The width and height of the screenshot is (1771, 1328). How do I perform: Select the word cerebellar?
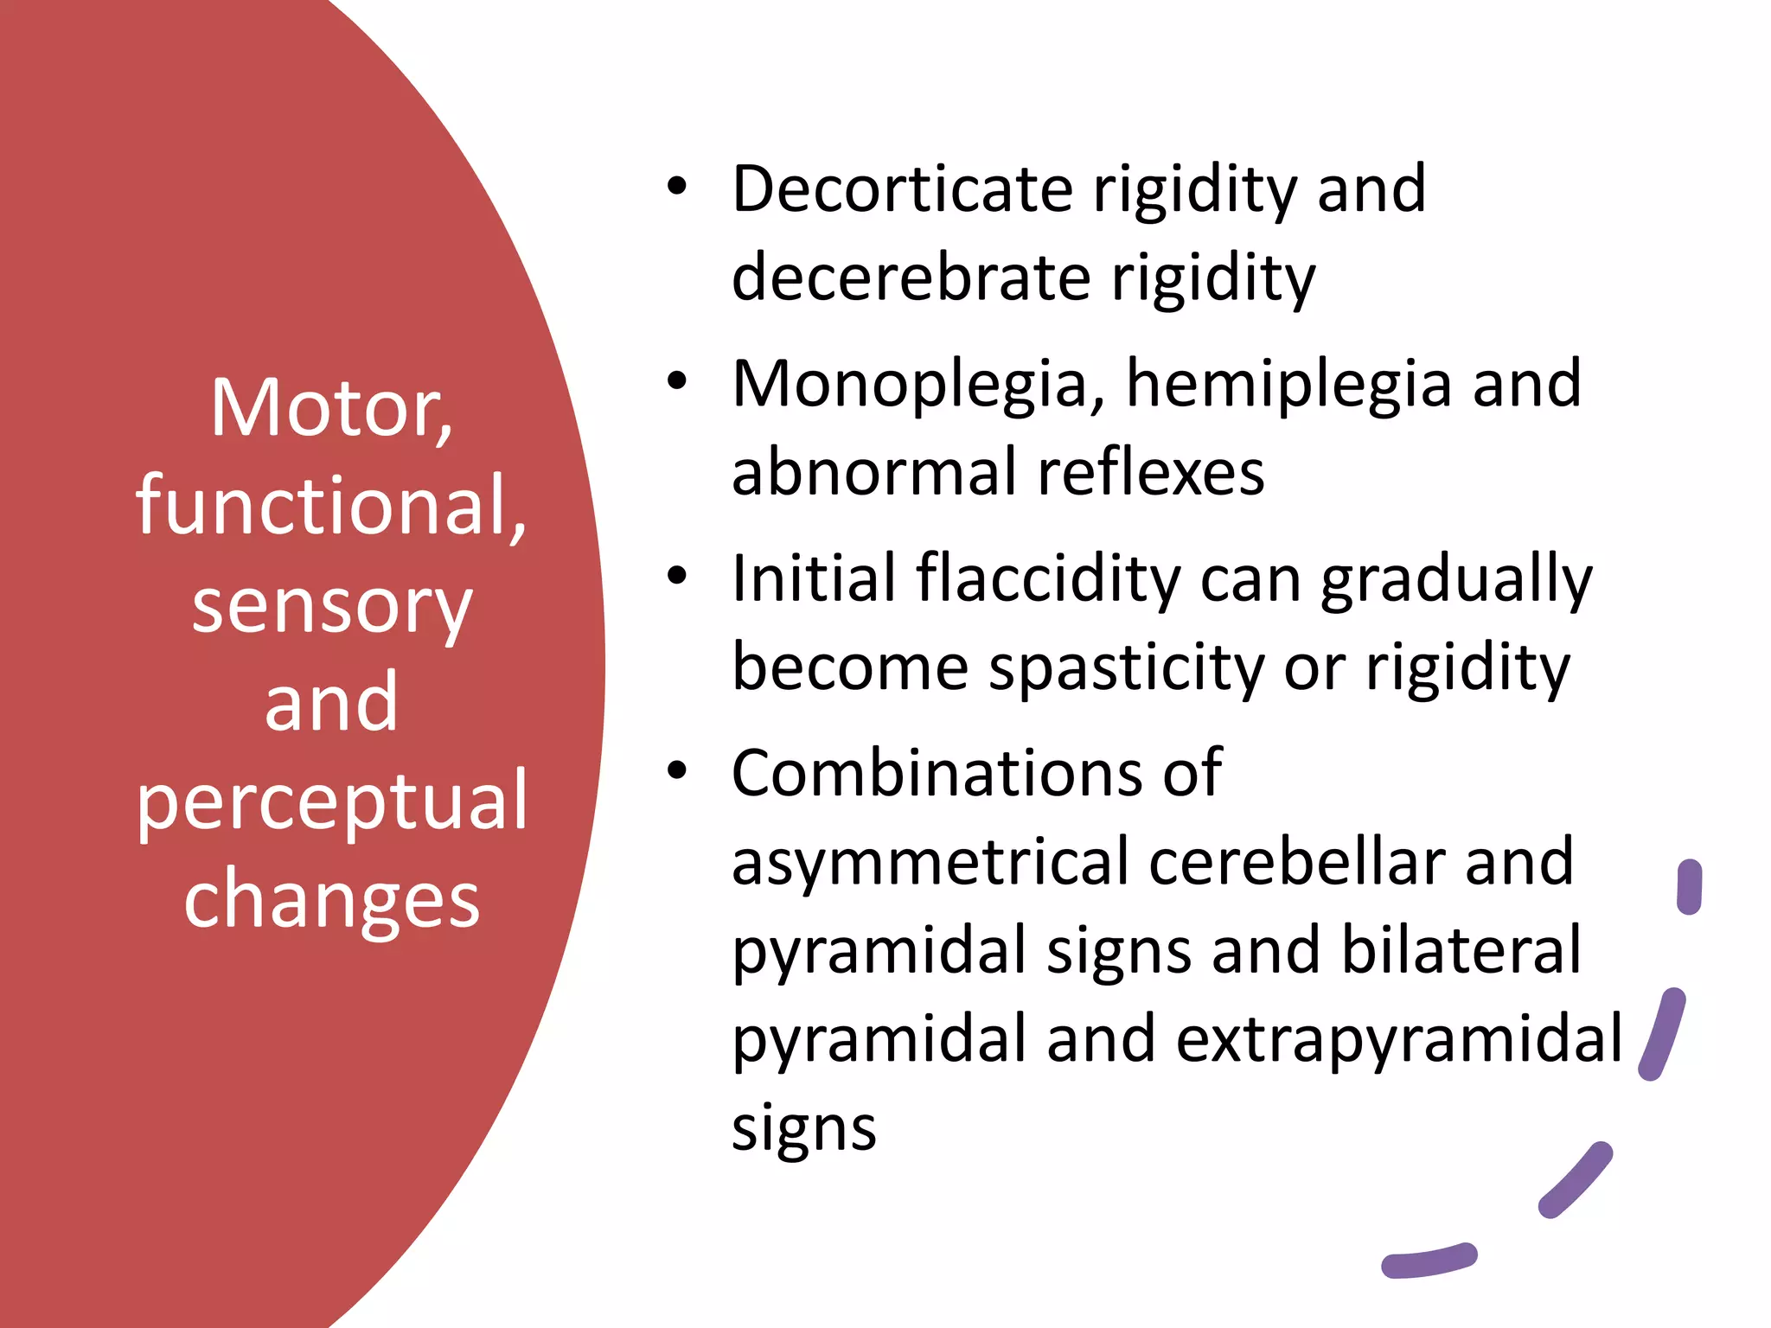[x=1297, y=862]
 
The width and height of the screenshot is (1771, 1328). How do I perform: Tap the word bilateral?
[x=1461, y=950]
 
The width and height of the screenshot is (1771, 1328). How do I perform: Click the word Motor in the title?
[x=332, y=408]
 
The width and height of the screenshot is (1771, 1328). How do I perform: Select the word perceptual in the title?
[x=332, y=802]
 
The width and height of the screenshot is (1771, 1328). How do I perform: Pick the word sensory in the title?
[x=332, y=607]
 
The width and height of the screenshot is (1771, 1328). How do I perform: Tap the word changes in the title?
[x=332, y=899]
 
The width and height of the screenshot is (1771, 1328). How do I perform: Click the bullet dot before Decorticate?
[x=676, y=187]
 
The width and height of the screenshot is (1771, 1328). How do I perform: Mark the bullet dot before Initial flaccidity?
[x=676, y=576]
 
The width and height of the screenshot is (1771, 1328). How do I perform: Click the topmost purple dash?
[x=1689, y=886]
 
